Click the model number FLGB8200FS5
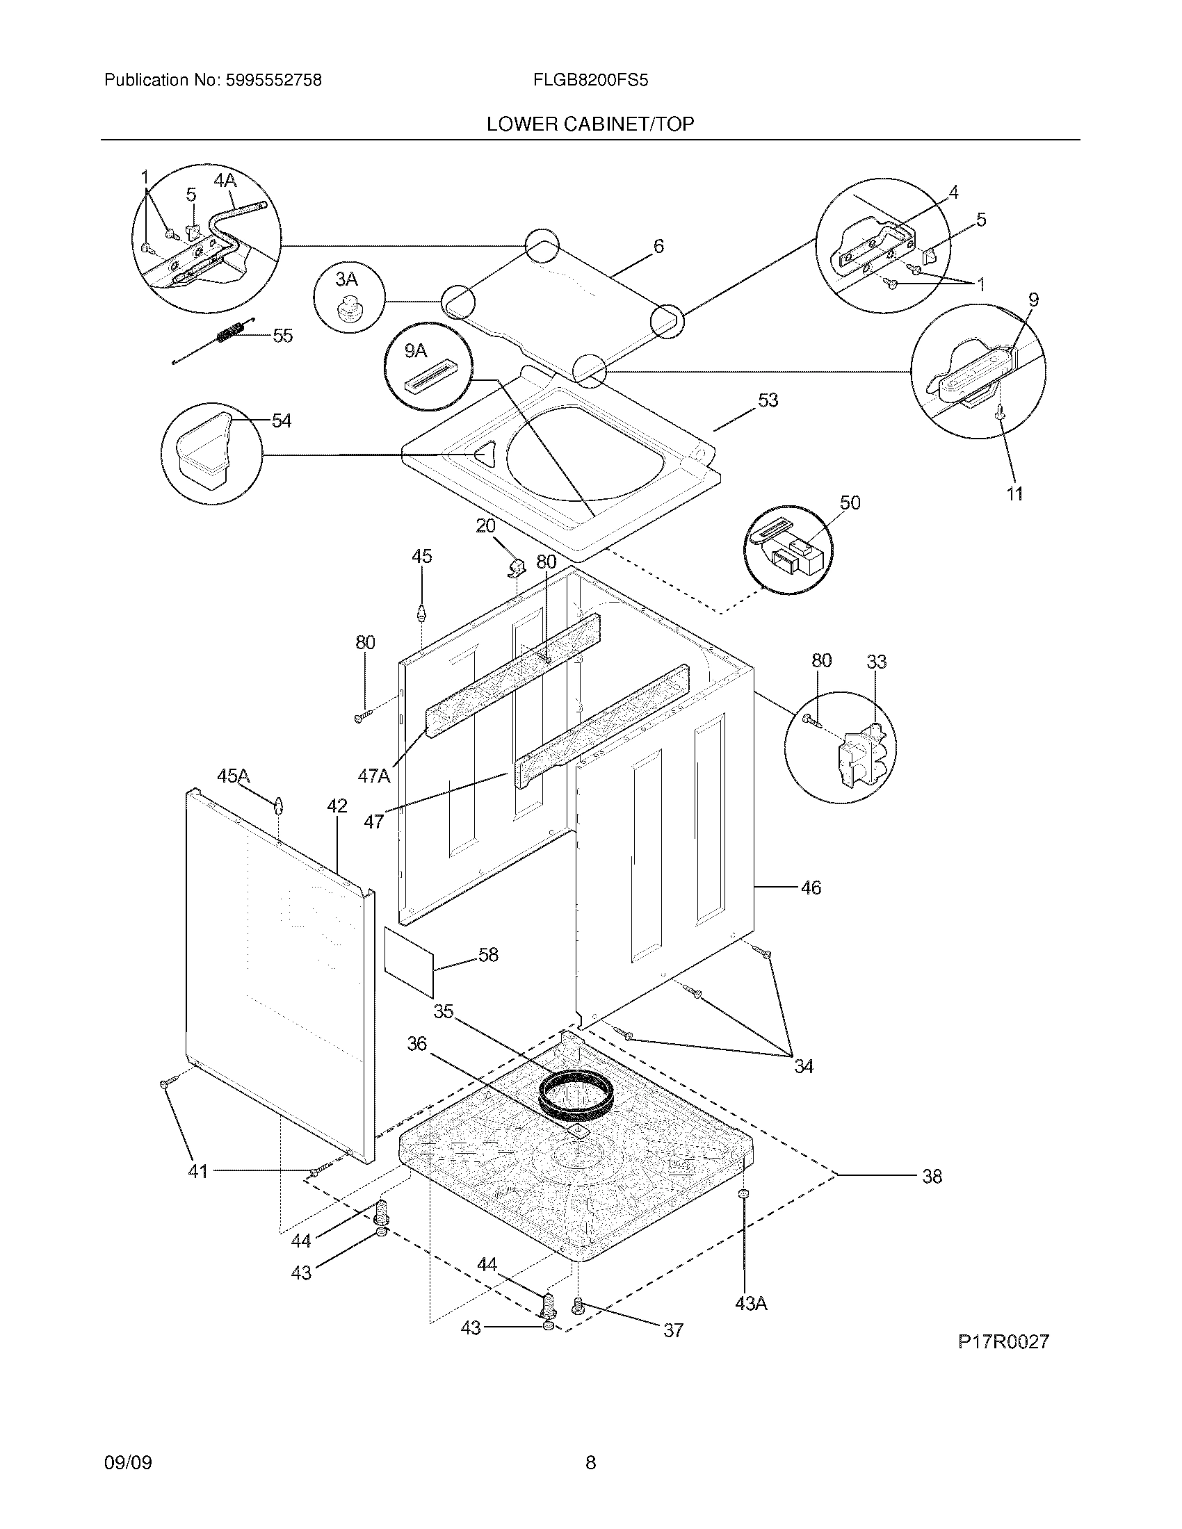coord(590,81)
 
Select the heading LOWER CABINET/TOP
coord(590,124)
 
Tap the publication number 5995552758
coord(273,81)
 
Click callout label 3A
coord(346,280)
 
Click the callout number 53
coord(768,400)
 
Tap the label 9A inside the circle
coord(415,351)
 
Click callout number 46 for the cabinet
coord(810,888)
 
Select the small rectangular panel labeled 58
coord(408,960)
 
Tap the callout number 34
coord(803,1066)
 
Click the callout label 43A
coord(751,1304)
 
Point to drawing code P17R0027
coord(1003,1341)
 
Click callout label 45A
coord(233,776)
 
